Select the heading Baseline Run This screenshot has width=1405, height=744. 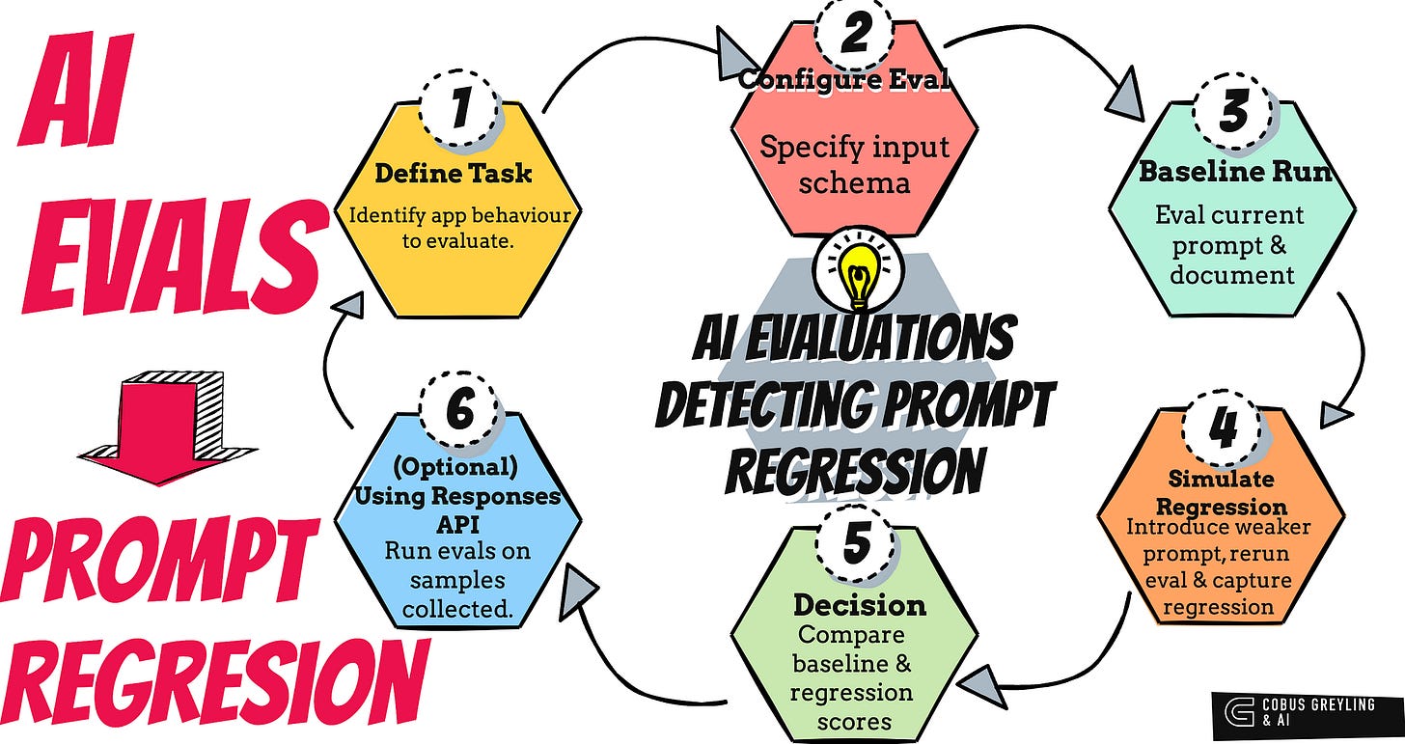click(1235, 173)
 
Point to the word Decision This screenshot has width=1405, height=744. click(859, 605)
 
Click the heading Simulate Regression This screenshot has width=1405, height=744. click(1221, 493)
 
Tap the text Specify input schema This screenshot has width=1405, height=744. click(854, 164)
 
